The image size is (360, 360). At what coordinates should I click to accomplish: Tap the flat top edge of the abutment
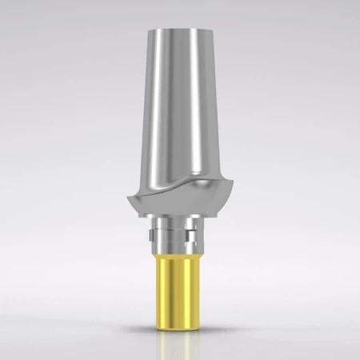pos(180,30)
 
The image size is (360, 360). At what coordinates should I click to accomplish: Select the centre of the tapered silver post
pos(180,112)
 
